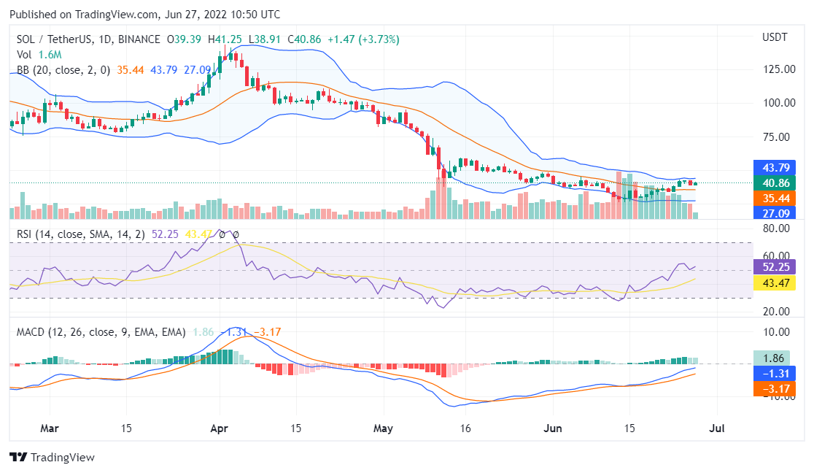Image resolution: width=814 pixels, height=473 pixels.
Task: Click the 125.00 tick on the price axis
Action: tap(779, 69)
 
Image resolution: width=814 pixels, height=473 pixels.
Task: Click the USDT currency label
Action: tap(775, 37)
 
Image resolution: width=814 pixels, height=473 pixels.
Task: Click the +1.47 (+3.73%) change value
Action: tap(364, 39)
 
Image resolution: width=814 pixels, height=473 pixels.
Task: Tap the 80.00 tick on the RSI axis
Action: tap(779, 228)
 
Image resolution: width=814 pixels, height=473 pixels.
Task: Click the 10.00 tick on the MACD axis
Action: tap(779, 331)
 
